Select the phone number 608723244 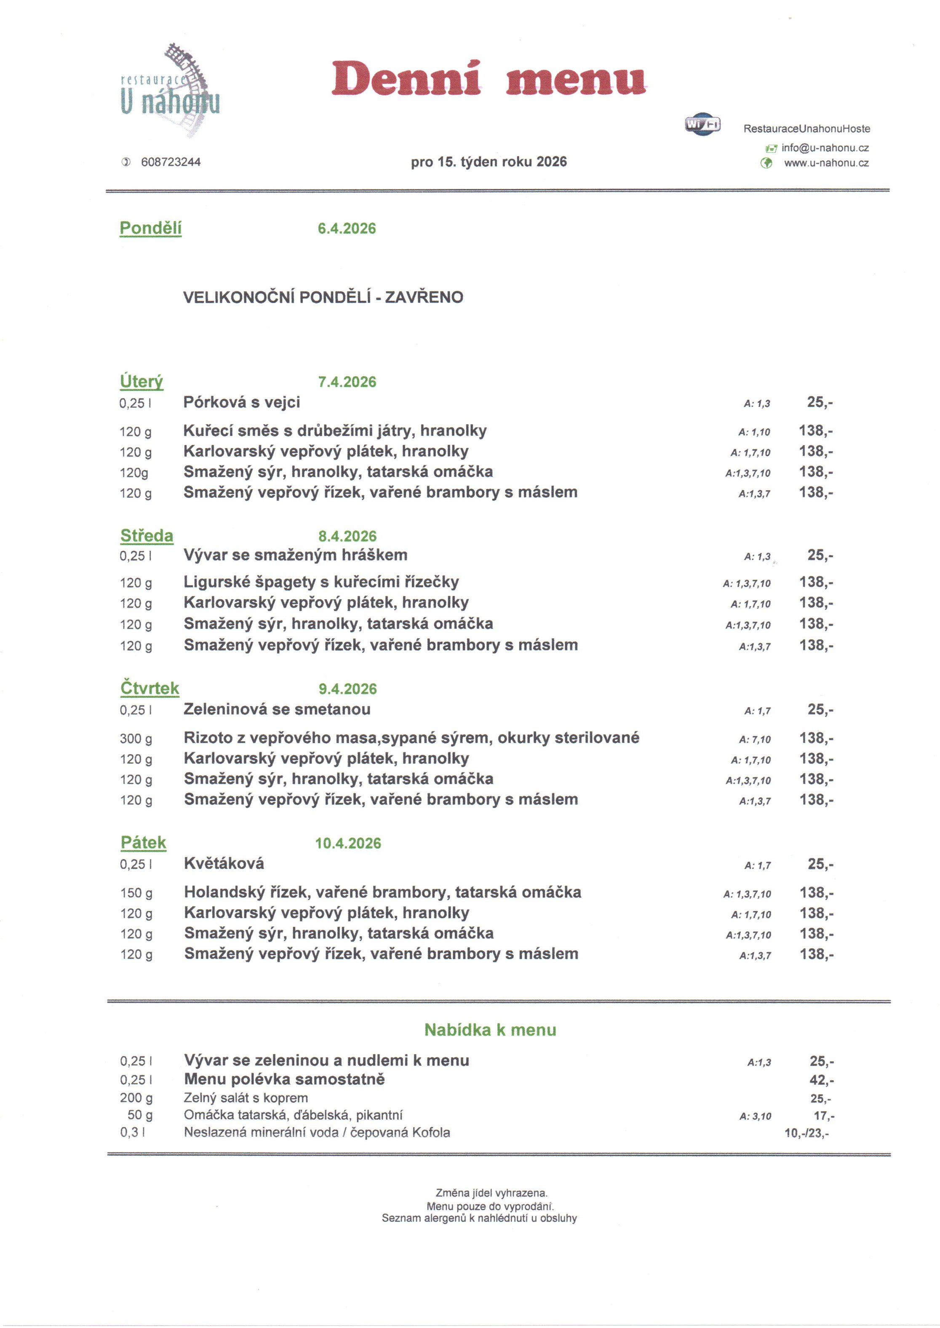pyautogui.click(x=171, y=162)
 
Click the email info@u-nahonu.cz pyautogui.click(x=825, y=148)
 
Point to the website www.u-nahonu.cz pyautogui.click(x=826, y=163)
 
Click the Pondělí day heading pyautogui.click(x=150, y=228)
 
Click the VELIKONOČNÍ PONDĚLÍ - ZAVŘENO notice pyautogui.click(x=323, y=297)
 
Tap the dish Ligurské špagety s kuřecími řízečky pyautogui.click(x=321, y=582)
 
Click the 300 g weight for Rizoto pyautogui.click(x=136, y=738)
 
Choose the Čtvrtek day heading pyautogui.click(x=150, y=688)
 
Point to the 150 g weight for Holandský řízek pyautogui.click(x=136, y=893)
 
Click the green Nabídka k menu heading pyautogui.click(x=490, y=1030)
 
